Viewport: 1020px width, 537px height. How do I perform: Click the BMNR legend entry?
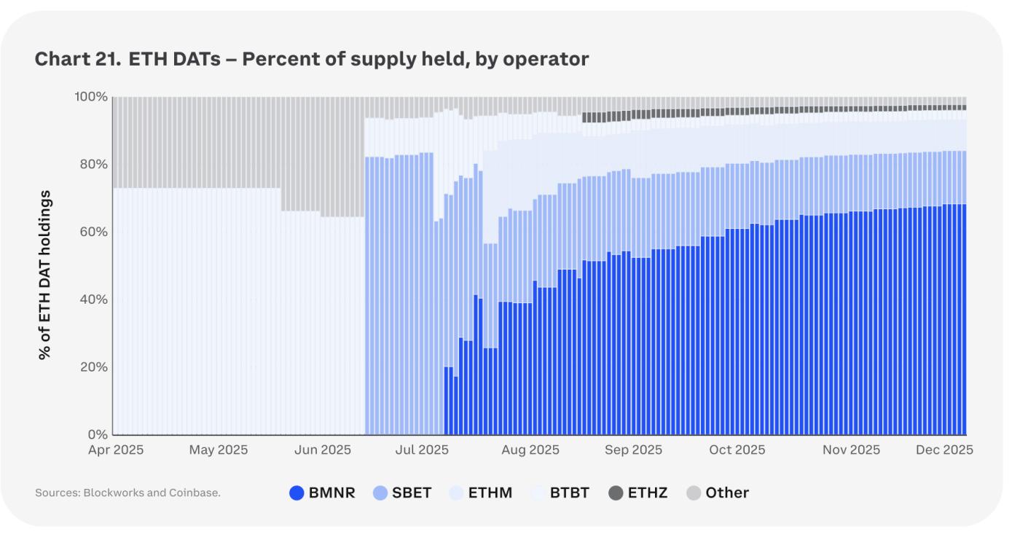(x=322, y=493)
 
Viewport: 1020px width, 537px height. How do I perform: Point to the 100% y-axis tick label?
(x=91, y=97)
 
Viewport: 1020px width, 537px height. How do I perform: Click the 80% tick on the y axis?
(x=94, y=165)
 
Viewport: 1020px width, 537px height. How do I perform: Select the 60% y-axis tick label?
(x=94, y=232)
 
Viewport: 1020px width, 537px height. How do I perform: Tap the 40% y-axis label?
(x=94, y=299)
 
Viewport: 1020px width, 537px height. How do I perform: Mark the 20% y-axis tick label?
(x=94, y=367)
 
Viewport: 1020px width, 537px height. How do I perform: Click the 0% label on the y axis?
(x=98, y=434)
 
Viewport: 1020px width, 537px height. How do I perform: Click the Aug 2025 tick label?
(x=530, y=450)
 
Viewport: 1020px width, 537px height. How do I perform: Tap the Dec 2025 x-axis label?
(x=944, y=450)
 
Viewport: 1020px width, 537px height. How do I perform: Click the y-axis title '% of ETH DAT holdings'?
(x=45, y=275)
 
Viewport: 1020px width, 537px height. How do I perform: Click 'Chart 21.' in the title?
(x=77, y=60)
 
